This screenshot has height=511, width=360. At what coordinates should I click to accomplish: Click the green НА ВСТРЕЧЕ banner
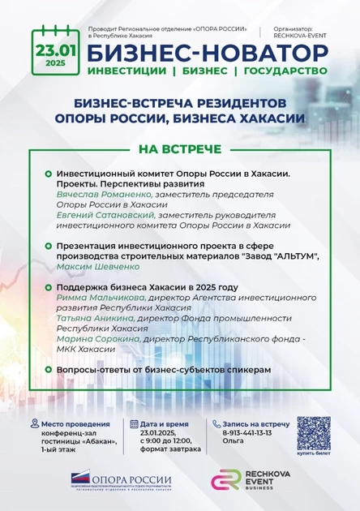179,150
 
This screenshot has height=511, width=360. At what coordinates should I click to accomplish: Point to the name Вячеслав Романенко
99,195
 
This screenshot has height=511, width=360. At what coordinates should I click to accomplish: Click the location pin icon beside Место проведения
33,424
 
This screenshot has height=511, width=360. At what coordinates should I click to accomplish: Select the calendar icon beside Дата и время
134,424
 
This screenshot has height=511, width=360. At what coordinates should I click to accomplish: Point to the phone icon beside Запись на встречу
215,424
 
